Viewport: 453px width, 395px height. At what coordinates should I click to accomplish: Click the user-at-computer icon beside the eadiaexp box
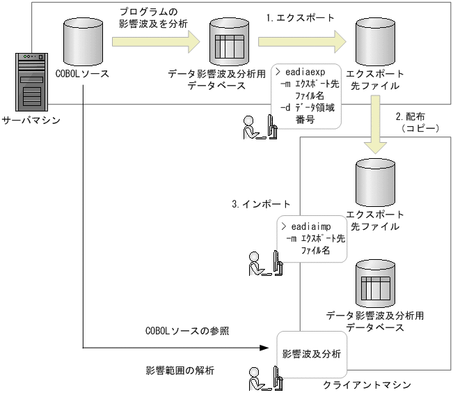[x=254, y=128]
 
